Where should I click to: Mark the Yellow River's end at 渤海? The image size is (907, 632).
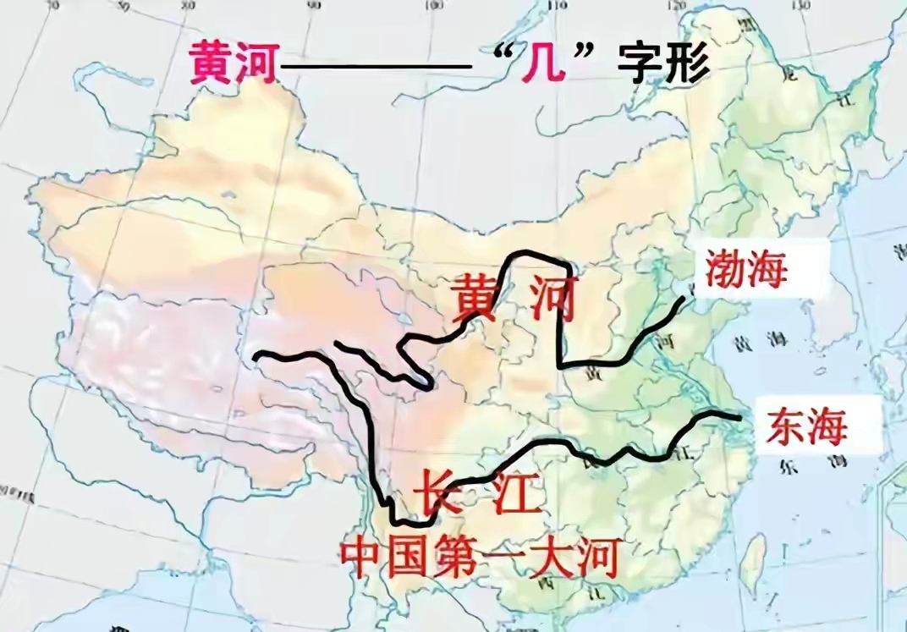[683, 298]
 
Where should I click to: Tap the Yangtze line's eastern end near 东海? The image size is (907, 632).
[739, 417]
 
